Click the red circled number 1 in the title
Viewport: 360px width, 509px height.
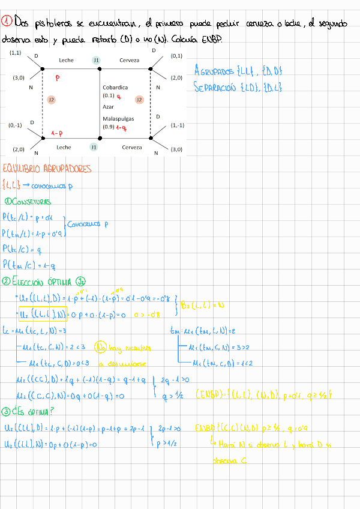tap(7, 22)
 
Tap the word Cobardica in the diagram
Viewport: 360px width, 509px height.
tap(115, 87)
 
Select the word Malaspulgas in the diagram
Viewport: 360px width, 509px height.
tap(118, 119)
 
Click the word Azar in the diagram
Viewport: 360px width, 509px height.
tap(108, 106)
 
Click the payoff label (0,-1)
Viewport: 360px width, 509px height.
tap(16, 125)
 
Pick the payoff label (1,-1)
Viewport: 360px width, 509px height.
tap(177, 125)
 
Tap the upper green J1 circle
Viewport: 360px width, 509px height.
tap(96, 60)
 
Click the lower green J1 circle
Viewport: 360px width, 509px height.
tap(94, 147)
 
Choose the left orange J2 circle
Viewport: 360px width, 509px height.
tap(51, 100)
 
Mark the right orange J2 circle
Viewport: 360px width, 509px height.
tap(139, 99)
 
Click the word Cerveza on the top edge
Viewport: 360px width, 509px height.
tap(130, 60)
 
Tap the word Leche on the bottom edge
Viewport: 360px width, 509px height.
tap(64, 147)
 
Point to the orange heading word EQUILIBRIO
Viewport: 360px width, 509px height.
tap(23, 169)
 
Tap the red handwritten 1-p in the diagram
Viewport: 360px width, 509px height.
tap(58, 133)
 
